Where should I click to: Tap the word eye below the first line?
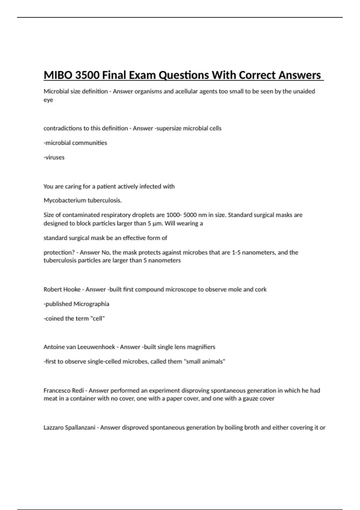pos(48,100)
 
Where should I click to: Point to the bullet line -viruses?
pos(54,157)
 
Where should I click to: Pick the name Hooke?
pos(73,289)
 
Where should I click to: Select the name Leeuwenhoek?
pos(96,347)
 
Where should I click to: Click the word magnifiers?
pos(201,347)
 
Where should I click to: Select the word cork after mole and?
pos(260,289)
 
